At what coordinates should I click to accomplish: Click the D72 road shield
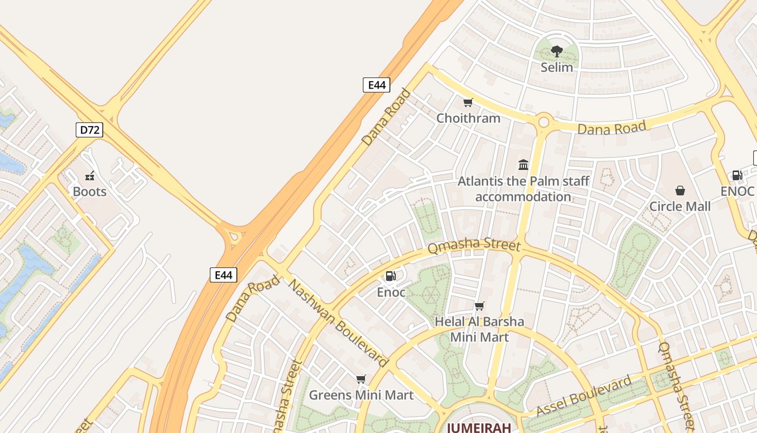(89, 130)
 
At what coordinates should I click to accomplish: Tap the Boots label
(90, 192)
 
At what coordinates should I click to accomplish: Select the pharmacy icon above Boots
(90, 175)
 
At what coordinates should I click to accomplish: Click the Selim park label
(557, 67)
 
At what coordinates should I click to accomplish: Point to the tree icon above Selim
(557, 51)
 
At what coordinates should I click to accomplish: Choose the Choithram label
(468, 118)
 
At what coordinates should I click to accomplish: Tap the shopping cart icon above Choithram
(468, 102)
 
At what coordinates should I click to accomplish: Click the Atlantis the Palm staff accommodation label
(523, 188)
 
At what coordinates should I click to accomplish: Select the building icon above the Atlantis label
(523, 165)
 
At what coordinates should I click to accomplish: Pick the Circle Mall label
(680, 206)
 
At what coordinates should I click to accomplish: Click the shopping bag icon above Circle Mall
(680, 191)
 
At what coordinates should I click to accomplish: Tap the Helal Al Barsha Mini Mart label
(480, 329)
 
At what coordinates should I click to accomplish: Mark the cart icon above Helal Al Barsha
(480, 306)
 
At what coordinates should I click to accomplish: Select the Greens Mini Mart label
(361, 395)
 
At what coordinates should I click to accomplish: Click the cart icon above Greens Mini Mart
(361, 379)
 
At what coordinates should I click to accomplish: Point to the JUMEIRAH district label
(479, 427)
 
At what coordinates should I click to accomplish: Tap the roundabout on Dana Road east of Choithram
(543, 121)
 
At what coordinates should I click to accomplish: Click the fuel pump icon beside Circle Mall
(737, 175)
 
